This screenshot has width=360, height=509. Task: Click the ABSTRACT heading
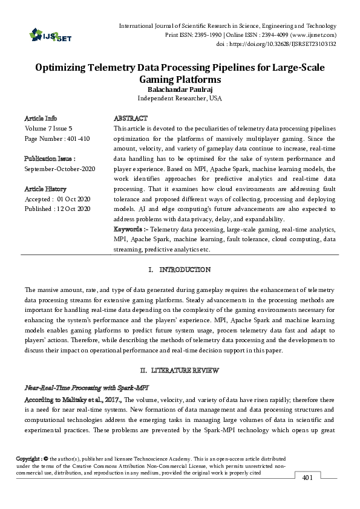pos(131,118)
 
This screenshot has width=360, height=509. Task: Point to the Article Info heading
pos(41,118)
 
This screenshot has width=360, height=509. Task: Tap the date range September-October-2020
pos(59,169)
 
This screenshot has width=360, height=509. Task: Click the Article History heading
pos(45,189)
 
